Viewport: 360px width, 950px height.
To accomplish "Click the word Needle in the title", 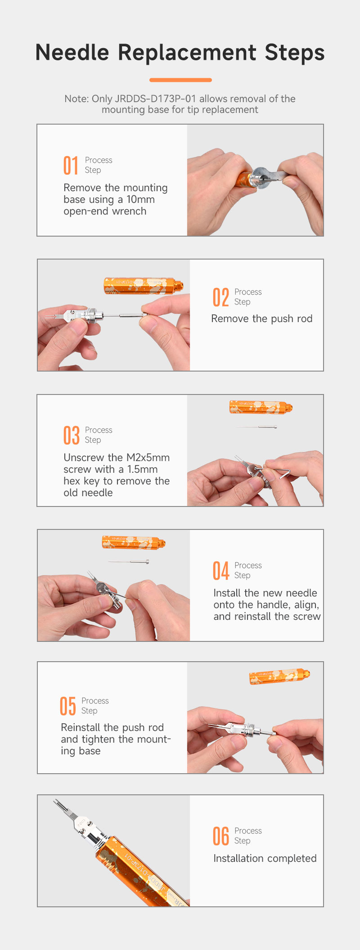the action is (72, 52).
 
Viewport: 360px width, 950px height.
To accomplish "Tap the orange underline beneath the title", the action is (180, 80).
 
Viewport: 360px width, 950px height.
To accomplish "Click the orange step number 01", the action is (71, 165).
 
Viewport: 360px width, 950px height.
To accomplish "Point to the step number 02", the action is (220, 297).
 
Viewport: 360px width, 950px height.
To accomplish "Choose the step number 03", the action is (71, 435).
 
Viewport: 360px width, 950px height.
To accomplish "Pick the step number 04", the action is (221, 570).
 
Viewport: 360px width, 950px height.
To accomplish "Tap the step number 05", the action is (67, 706).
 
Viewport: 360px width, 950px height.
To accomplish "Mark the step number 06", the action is (221, 836).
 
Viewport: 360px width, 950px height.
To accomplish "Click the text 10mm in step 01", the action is (140, 199).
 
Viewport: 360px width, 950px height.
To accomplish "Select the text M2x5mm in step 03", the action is (148, 457).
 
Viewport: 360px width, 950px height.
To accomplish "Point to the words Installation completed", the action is (265, 858).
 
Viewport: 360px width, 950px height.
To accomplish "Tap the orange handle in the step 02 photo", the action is (144, 286).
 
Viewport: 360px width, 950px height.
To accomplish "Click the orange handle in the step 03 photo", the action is (261, 407).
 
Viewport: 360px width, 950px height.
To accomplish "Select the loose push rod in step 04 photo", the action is (129, 561).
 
